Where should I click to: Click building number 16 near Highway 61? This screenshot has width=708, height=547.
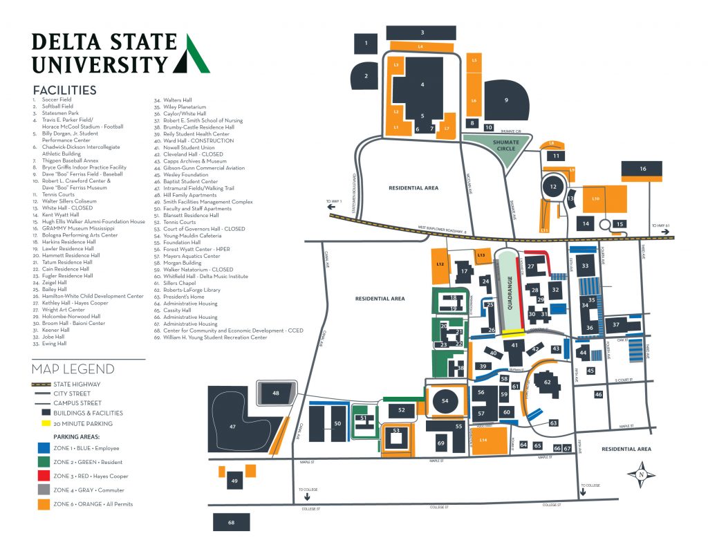pyautogui.click(x=642, y=169)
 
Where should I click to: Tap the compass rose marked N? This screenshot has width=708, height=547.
pyautogui.click(x=640, y=475)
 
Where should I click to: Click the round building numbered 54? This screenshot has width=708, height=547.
pyautogui.click(x=445, y=401)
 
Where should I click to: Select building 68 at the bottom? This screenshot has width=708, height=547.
pyautogui.click(x=231, y=522)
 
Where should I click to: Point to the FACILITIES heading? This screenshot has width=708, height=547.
pyautogui.click(x=64, y=90)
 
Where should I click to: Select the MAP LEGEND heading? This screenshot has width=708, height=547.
pyautogui.click(x=73, y=369)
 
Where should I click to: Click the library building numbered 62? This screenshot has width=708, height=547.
pyautogui.click(x=547, y=382)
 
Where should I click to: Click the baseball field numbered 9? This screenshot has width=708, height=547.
pyautogui.click(x=506, y=100)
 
